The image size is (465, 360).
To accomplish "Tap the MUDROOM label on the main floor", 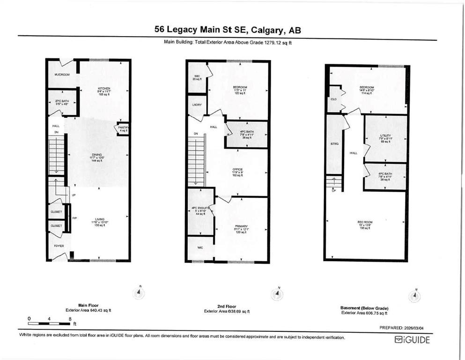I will [x=62, y=75].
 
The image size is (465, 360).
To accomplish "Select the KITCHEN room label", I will [x=103, y=88].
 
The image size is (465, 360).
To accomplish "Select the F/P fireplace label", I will [x=74, y=218].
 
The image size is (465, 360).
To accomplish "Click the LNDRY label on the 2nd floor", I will [x=196, y=105].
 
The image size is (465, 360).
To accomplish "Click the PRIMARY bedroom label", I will [x=241, y=226].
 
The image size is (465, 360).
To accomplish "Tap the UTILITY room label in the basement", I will [x=385, y=136].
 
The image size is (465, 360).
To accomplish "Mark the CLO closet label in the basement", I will [x=334, y=99].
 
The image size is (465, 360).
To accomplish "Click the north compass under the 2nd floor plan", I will [x=277, y=294].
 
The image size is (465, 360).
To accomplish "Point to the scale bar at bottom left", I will [x=49, y=323].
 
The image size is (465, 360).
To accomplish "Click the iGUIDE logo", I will [x=412, y=340].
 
